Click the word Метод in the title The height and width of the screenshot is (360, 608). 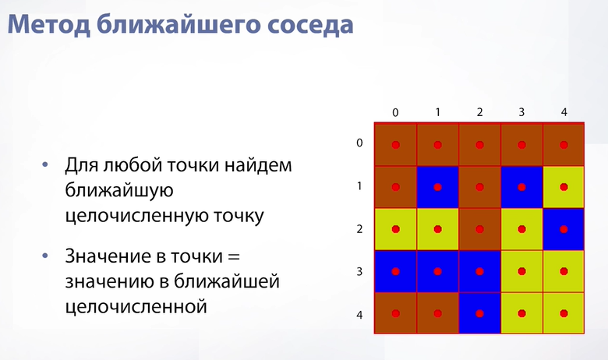[49, 25]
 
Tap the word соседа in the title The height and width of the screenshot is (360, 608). [310, 25]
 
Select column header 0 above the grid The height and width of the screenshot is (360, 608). [395, 112]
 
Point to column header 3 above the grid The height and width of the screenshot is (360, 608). [521, 112]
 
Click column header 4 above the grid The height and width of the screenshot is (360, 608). [564, 112]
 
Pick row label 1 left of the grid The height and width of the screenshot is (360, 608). [359, 186]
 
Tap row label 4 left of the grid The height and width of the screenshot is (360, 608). [359, 315]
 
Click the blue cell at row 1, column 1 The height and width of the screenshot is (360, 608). [438, 187]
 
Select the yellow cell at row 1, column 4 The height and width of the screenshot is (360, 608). [564, 187]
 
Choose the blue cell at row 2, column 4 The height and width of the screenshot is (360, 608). [564, 229]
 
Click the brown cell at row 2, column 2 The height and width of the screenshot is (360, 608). [479, 229]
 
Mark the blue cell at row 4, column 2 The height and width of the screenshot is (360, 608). [479, 313]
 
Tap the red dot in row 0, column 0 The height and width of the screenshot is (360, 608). [395, 145]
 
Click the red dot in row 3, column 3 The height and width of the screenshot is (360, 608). [522, 271]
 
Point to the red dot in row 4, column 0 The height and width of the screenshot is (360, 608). [395, 313]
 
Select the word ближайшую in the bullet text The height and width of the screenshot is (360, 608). [119, 191]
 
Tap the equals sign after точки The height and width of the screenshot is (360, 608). [234, 256]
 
